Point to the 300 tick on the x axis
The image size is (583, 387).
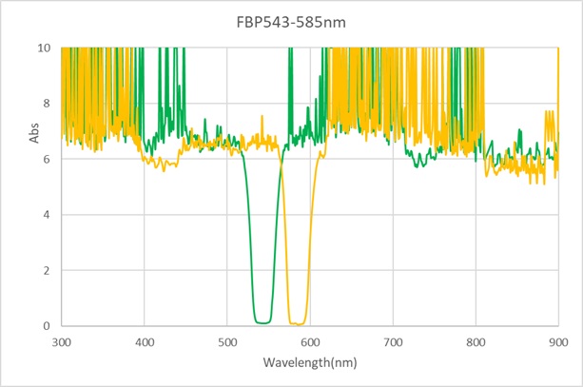pyautogui.click(x=62, y=340)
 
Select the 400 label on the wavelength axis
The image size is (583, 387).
pyautogui.click(x=145, y=340)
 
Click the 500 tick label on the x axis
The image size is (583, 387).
pyautogui.click(x=227, y=340)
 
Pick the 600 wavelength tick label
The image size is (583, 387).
pyautogui.click(x=309, y=340)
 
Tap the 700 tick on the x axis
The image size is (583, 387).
pyautogui.click(x=392, y=340)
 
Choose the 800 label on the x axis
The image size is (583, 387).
pyautogui.click(x=475, y=340)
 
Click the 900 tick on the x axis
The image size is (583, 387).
pyautogui.click(x=557, y=340)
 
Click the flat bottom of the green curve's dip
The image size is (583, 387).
pyautogui.click(x=262, y=322)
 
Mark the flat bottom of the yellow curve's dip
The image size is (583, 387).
pyautogui.click(x=299, y=323)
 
